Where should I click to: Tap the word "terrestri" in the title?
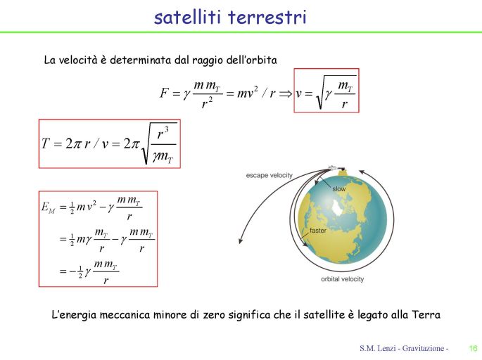click(267, 17)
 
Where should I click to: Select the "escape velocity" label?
click(269, 175)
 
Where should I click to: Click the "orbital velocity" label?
click(343, 279)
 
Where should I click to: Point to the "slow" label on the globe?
click(339, 189)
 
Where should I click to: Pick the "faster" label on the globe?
click(318, 231)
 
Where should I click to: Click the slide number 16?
click(473, 348)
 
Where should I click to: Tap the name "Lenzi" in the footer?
click(386, 348)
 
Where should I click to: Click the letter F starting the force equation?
click(165, 92)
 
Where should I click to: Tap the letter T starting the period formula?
click(46, 143)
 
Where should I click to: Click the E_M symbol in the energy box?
click(49, 207)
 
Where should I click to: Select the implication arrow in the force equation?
click(286, 94)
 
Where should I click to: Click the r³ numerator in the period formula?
click(163, 134)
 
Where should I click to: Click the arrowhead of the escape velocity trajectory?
click(241, 240)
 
